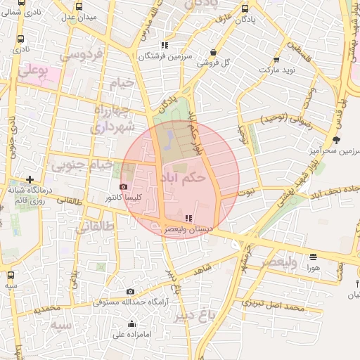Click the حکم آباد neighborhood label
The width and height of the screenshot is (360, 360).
click(x=184, y=178)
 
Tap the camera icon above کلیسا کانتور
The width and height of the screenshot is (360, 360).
click(x=124, y=187)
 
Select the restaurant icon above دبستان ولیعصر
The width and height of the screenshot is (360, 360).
click(x=188, y=218)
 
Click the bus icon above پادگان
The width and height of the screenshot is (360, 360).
click(x=244, y=8)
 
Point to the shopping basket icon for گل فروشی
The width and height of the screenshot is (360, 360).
click(x=213, y=52)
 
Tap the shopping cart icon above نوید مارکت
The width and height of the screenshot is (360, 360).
click(x=276, y=60)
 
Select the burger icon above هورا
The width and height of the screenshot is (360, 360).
click(x=313, y=257)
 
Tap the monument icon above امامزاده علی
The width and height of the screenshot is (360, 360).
click(x=132, y=323)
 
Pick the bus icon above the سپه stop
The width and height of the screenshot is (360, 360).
click(x=11, y=275)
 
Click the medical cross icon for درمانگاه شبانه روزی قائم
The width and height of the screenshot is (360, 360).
click(x=30, y=179)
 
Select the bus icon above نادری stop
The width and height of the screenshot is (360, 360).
click(x=20, y=39)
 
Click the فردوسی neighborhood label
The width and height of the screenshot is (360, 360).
click(x=82, y=54)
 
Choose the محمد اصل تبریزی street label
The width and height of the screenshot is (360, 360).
click(x=274, y=305)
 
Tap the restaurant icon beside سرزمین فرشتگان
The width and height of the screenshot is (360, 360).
click(x=165, y=45)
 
